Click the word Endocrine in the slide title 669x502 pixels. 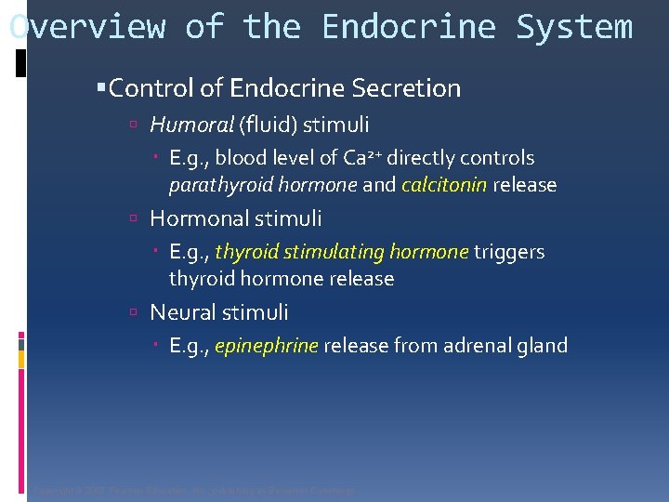(408, 27)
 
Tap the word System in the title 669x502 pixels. (573, 27)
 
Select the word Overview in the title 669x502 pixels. (87, 27)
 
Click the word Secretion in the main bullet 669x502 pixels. (406, 88)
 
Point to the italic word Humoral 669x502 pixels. (191, 125)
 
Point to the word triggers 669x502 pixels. (509, 252)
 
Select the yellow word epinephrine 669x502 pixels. (267, 346)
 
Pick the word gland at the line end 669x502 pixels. (544, 346)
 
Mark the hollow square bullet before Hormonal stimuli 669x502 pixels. (136, 219)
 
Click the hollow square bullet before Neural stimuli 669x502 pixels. (136, 313)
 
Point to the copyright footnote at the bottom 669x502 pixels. (193, 491)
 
